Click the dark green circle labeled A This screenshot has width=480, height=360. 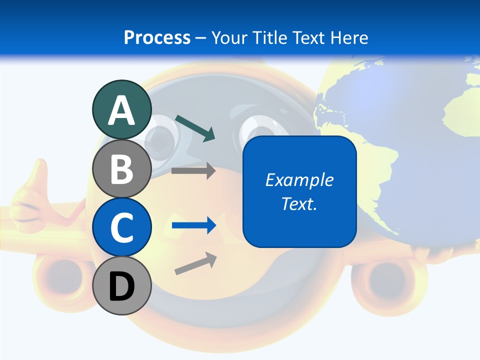pyautogui.click(x=121, y=110)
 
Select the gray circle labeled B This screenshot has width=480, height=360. pyautogui.click(x=121, y=168)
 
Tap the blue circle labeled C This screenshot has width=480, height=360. pyautogui.click(x=121, y=227)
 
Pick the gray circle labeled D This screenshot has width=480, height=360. pyautogui.click(x=121, y=285)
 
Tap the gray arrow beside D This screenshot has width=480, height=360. pyautogui.click(x=195, y=263)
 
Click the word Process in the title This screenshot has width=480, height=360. pyautogui.click(x=157, y=37)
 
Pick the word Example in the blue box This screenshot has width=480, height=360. pyautogui.click(x=299, y=180)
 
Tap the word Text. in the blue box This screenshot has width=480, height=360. pyautogui.click(x=299, y=203)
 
